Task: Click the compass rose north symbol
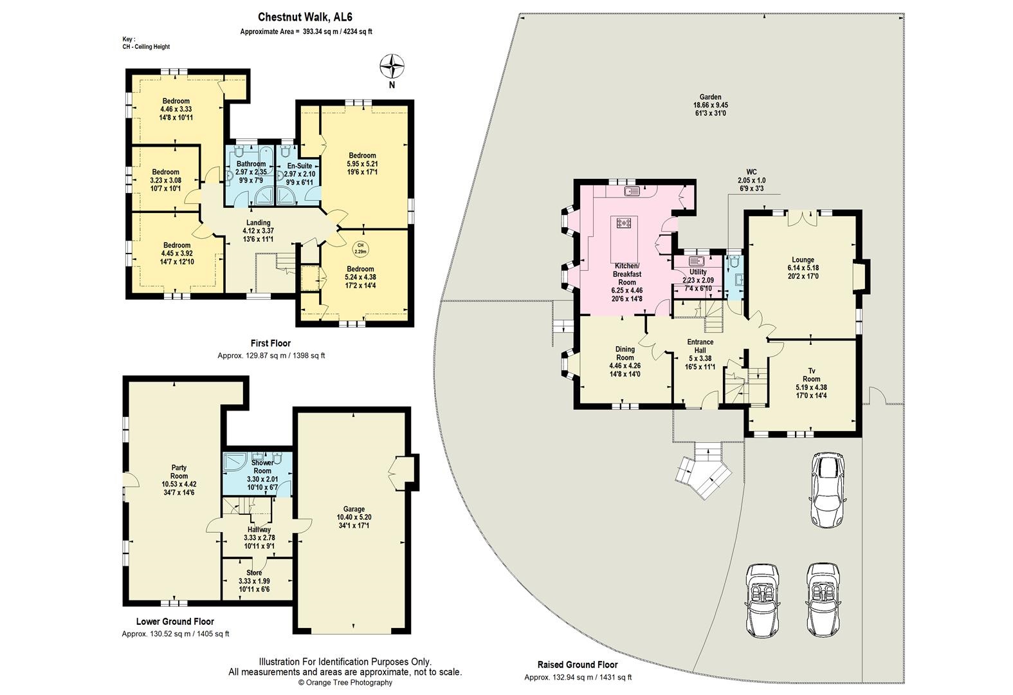coord(392,66)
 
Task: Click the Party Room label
coord(179,476)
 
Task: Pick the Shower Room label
coord(262,470)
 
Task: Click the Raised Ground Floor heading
coord(577,665)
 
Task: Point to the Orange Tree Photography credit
coord(345,683)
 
